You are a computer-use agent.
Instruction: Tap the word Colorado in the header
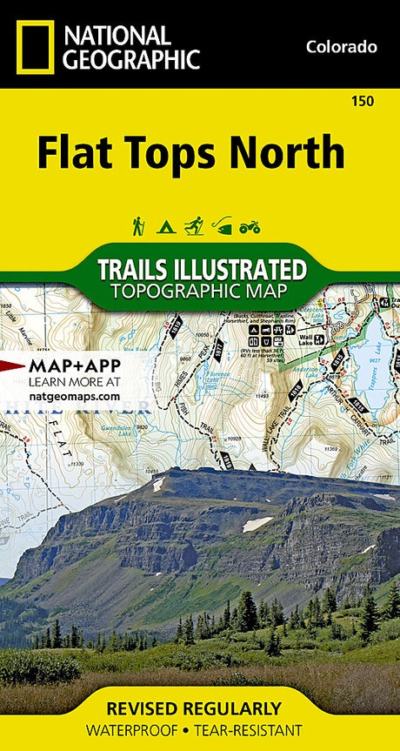click(x=341, y=47)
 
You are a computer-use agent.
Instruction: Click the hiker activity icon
click(x=138, y=226)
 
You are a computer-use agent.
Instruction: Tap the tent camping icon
click(x=166, y=227)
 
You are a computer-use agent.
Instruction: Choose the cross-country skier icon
click(x=194, y=226)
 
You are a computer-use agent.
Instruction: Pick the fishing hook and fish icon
click(x=223, y=227)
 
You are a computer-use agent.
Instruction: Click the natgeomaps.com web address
click(x=74, y=395)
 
